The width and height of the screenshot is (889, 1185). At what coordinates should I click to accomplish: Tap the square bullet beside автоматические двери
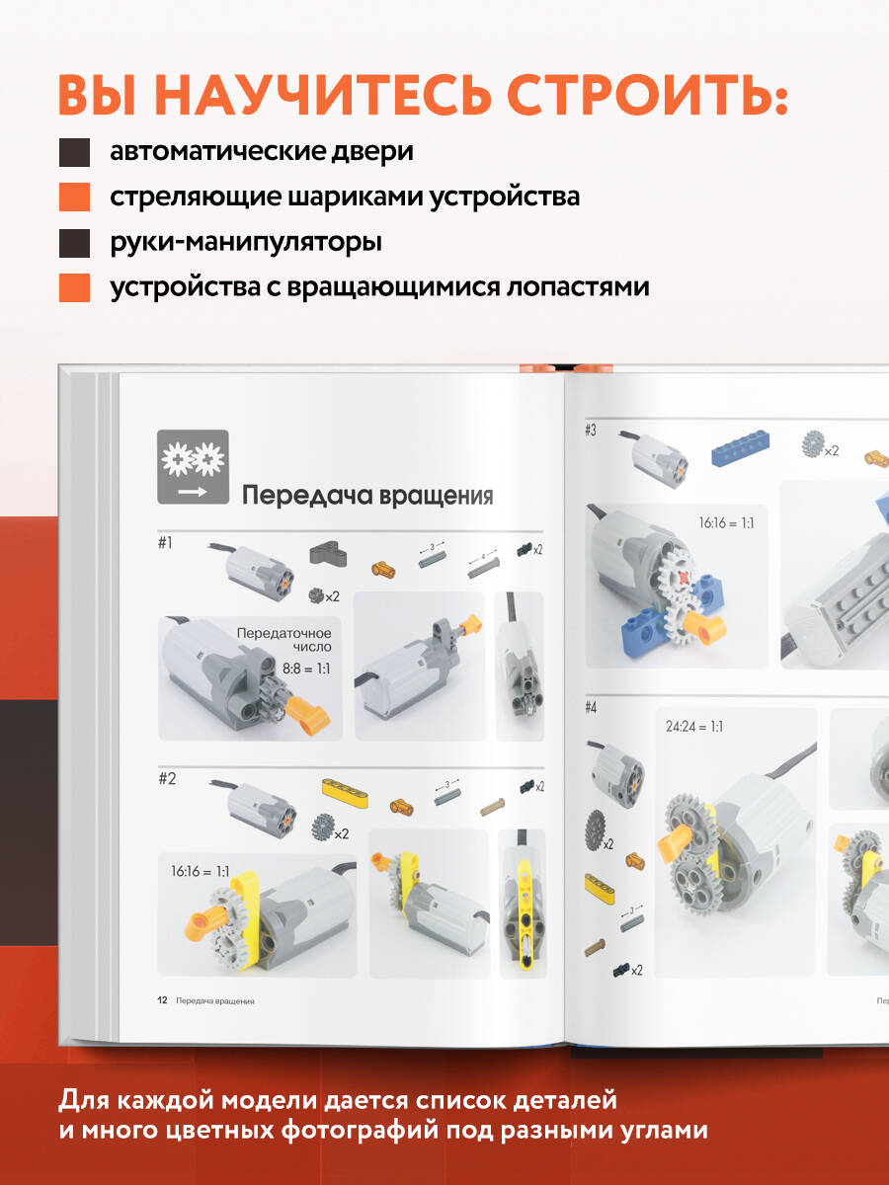74,152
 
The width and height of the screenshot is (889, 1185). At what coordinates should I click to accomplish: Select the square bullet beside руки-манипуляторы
74,243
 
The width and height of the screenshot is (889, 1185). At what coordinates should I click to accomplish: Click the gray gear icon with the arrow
193,467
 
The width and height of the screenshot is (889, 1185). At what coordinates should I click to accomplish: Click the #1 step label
165,542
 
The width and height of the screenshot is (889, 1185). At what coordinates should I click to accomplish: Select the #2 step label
167,778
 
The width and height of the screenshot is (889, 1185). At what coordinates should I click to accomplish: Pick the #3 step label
591,431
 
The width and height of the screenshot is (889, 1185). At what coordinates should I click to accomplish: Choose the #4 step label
591,708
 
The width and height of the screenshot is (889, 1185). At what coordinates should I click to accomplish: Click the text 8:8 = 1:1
306,669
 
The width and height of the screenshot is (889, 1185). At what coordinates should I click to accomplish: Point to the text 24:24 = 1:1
694,726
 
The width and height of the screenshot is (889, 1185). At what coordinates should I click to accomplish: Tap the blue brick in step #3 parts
741,447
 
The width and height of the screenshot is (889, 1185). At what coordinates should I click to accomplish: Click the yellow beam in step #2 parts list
345,794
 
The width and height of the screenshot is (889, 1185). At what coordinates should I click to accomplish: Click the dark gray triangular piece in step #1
328,555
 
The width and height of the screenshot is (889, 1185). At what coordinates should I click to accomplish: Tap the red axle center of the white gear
683,577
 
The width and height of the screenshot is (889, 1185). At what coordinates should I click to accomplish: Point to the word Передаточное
283,633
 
